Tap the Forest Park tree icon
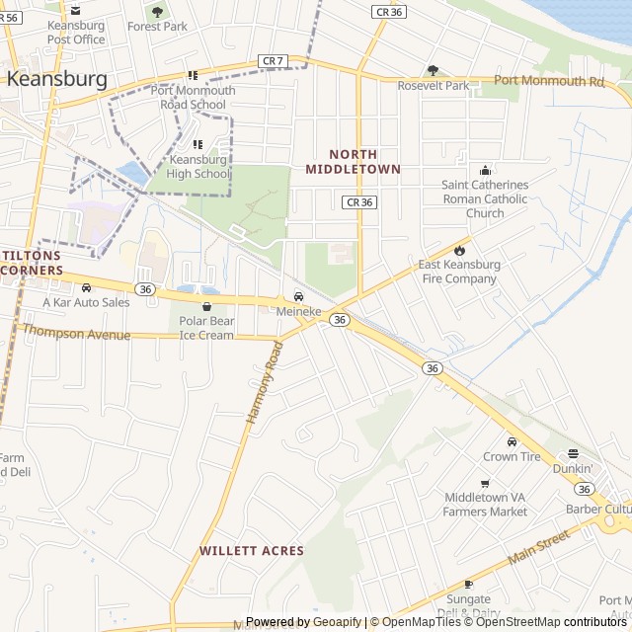pos(157,12)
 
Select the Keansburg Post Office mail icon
pos(76,10)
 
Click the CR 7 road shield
pos(274,61)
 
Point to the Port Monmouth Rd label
pos(548,81)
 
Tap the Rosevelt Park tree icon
pos(433,70)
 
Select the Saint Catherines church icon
pos(485,170)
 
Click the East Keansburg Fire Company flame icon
pos(458,249)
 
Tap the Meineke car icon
pos(298,296)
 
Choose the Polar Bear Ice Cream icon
pos(206,307)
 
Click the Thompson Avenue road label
pos(77,333)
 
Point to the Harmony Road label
pos(264,383)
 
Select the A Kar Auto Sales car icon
pos(86,286)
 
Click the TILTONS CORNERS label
pos(32,263)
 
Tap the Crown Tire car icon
pos(512,441)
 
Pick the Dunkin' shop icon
pos(573,453)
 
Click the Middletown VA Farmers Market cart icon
pos(485,483)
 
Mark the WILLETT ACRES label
pos(252,550)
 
